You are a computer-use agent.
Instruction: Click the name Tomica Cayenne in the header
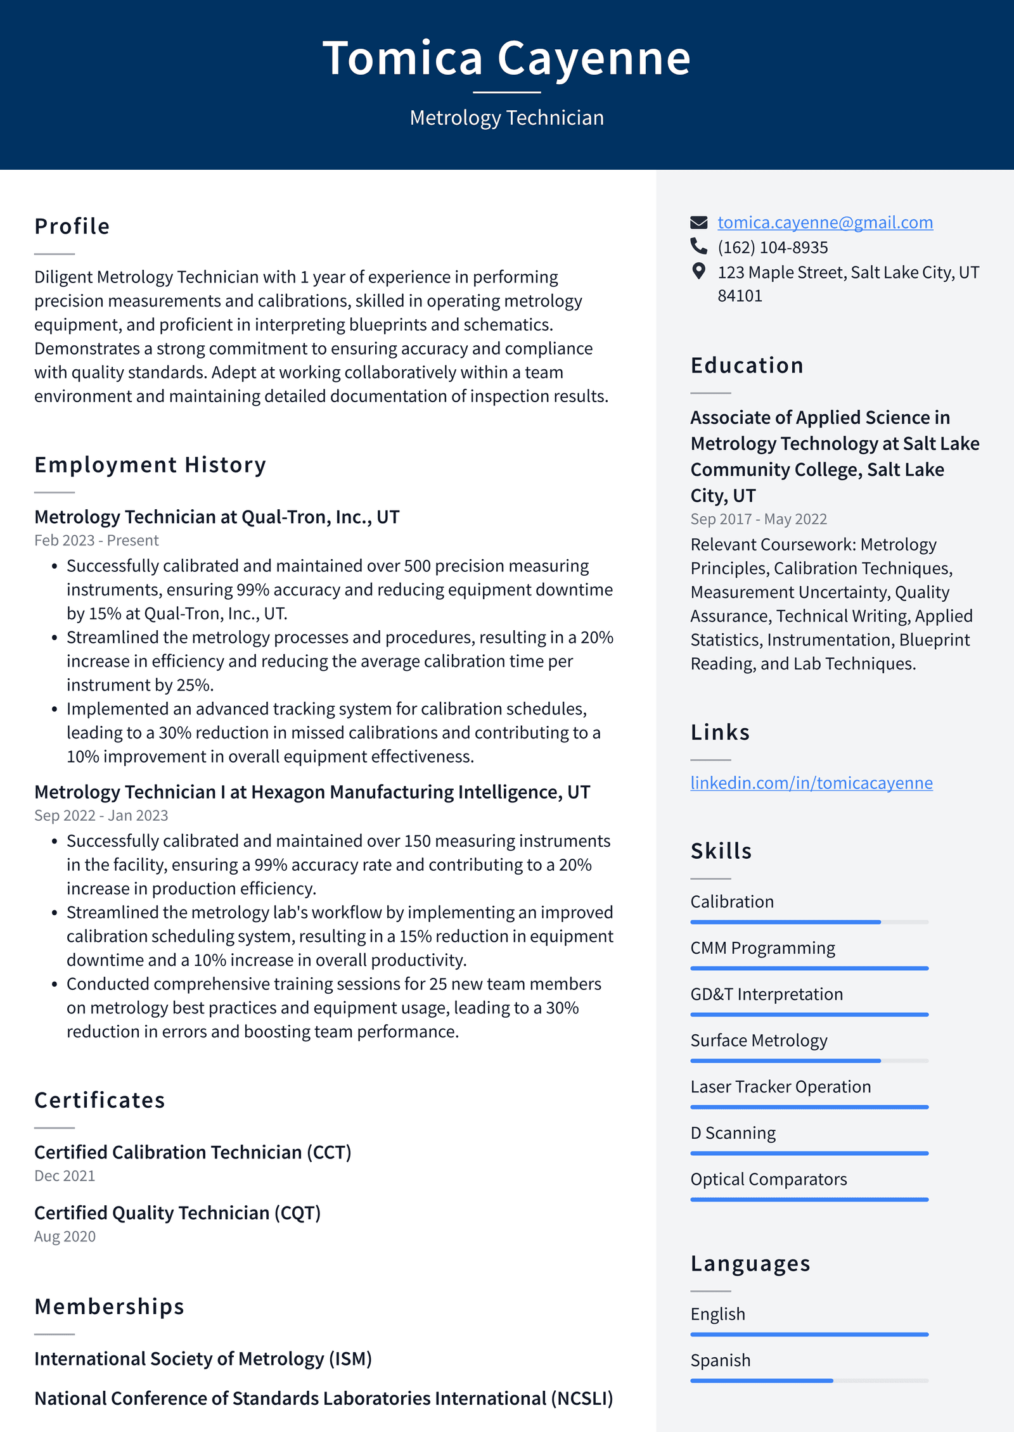pyautogui.click(x=506, y=58)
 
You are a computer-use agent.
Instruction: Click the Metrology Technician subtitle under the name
pyautogui.click(x=506, y=118)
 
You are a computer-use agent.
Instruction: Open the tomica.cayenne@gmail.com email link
pyautogui.click(x=825, y=222)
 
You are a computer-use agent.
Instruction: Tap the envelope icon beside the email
pyautogui.click(x=698, y=222)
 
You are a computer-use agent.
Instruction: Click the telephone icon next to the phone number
pyautogui.click(x=698, y=246)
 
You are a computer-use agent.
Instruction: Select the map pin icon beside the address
pyautogui.click(x=698, y=271)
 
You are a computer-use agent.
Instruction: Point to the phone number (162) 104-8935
pyautogui.click(x=773, y=247)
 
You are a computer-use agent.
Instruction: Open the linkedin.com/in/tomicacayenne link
pyautogui.click(x=811, y=783)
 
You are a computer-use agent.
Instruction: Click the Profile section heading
pyautogui.click(x=72, y=227)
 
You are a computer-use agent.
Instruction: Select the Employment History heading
pyautogui.click(x=150, y=465)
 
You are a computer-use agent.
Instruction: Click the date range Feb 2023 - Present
pyautogui.click(x=96, y=540)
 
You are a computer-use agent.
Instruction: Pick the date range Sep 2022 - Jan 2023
pyautogui.click(x=101, y=815)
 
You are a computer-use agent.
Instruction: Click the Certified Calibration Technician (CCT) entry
pyautogui.click(x=193, y=1152)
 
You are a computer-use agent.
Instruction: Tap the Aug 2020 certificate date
pyautogui.click(x=65, y=1236)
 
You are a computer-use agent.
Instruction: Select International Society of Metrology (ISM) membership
pyautogui.click(x=203, y=1359)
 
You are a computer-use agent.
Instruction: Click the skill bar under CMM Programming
pyautogui.click(x=809, y=968)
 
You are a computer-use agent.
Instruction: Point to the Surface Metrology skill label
pyautogui.click(x=759, y=1041)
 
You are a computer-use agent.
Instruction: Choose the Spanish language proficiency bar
pyautogui.click(x=809, y=1381)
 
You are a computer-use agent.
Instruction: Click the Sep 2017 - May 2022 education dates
pyautogui.click(x=759, y=519)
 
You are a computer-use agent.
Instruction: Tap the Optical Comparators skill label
pyautogui.click(x=768, y=1179)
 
